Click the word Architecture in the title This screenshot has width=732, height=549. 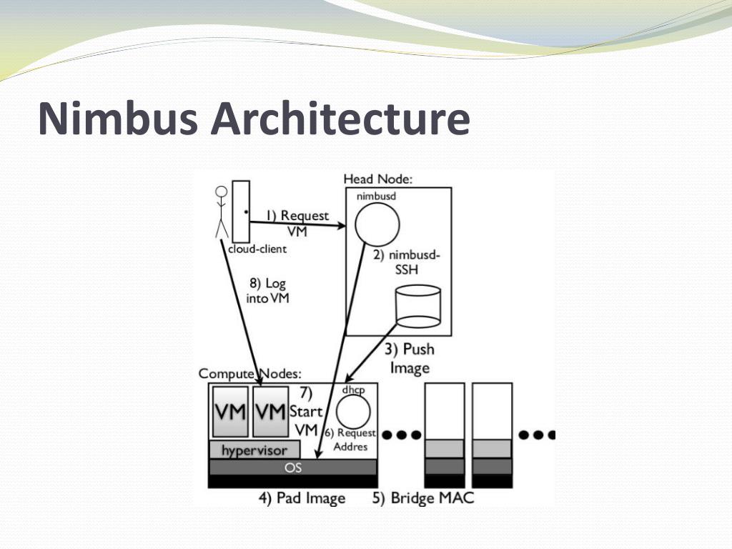pos(341,119)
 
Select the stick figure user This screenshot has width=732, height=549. pos(222,212)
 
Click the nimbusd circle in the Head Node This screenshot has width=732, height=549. pos(376,224)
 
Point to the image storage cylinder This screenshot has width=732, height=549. pos(418,306)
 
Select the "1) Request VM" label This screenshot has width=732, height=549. pos(297,223)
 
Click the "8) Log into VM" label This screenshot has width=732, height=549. pos(268,291)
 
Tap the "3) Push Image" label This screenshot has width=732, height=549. pos(409,358)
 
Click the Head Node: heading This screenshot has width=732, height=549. pos(378,179)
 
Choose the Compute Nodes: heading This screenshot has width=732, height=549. pos(249,374)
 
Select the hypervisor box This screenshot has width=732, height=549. pos(253,450)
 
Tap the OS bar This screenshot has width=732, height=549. pos(293,468)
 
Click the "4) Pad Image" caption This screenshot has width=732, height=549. pos(301,498)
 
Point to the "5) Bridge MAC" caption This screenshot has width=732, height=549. pos(422,498)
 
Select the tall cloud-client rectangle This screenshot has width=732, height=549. pos(241,212)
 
